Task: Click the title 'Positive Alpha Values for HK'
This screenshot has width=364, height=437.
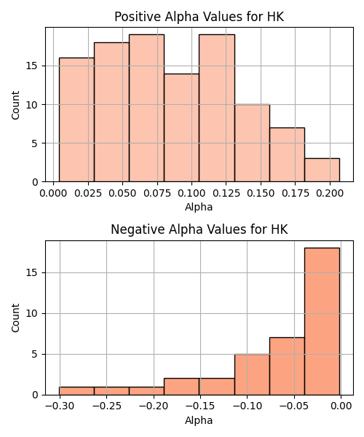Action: [x=199, y=17]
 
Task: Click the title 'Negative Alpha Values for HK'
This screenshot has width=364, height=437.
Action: [x=199, y=229]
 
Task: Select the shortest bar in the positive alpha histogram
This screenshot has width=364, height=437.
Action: [x=322, y=170]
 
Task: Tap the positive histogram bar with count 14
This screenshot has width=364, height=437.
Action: [x=181, y=127]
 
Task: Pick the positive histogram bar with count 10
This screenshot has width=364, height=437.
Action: [x=252, y=143]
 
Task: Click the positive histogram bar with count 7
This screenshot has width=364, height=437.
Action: [x=287, y=154]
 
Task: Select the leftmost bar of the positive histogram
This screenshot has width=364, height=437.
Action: [x=76, y=120]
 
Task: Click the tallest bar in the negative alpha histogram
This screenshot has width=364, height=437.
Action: [x=322, y=321]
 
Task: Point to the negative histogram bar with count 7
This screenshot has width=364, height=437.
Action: [x=287, y=366]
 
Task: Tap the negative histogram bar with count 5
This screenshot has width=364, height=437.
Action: [x=252, y=374]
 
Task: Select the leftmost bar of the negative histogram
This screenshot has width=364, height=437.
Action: [x=76, y=390]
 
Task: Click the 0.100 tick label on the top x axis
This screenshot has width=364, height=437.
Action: [x=191, y=193]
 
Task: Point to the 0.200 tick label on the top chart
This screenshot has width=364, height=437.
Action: [x=330, y=193]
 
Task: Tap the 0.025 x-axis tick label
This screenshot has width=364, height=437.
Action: [x=88, y=193]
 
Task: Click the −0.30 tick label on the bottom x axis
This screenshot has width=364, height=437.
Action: [x=60, y=406]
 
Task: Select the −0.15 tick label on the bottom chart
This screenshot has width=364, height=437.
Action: [x=200, y=406]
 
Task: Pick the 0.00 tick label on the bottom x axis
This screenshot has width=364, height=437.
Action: [x=341, y=406]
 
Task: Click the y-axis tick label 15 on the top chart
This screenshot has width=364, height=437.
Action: [x=32, y=66]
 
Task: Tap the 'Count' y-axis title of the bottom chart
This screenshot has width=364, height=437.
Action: [x=15, y=318]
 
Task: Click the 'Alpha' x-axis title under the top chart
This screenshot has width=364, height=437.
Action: [x=199, y=207]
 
